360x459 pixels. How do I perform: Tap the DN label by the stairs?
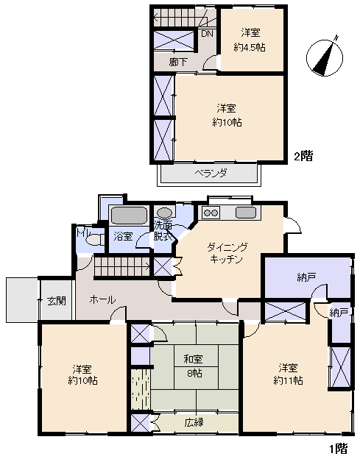point(207,34)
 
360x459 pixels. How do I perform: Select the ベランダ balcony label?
point(211,173)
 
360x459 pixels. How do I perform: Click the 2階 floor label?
point(303,156)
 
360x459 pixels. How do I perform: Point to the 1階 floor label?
point(339,448)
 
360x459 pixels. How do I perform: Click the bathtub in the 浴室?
point(129,216)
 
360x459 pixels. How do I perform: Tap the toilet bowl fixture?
point(94,240)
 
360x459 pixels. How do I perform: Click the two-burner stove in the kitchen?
point(211,213)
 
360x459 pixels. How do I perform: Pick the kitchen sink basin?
point(246,213)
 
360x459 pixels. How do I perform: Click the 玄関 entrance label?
point(57,301)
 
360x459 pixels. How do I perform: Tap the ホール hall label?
point(102,299)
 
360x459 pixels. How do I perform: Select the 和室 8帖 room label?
point(194,366)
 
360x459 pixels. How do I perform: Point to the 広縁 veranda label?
point(194,422)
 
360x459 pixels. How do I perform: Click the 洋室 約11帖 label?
point(289,374)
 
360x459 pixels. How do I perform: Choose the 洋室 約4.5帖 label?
point(250,40)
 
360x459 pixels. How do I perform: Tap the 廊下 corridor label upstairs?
point(178,62)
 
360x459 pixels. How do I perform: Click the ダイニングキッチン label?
point(227,254)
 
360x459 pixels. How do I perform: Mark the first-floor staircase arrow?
point(122,267)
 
